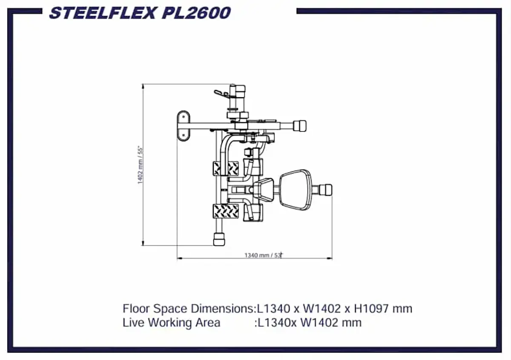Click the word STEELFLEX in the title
[x=103, y=13]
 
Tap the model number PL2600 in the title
[x=196, y=13]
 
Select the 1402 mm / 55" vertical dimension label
[x=140, y=165]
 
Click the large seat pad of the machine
[x=296, y=190]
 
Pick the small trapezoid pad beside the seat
[x=264, y=190]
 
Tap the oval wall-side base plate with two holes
[x=184, y=126]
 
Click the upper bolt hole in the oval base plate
[x=184, y=117]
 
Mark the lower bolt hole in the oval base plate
[x=184, y=135]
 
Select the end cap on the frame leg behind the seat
[x=325, y=190]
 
